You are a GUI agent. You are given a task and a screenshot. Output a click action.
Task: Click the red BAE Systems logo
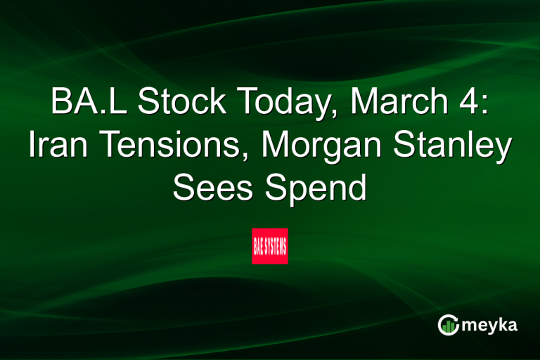[x=270, y=246]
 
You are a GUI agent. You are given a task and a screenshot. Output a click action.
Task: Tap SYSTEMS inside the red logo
[x=276, y=246]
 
